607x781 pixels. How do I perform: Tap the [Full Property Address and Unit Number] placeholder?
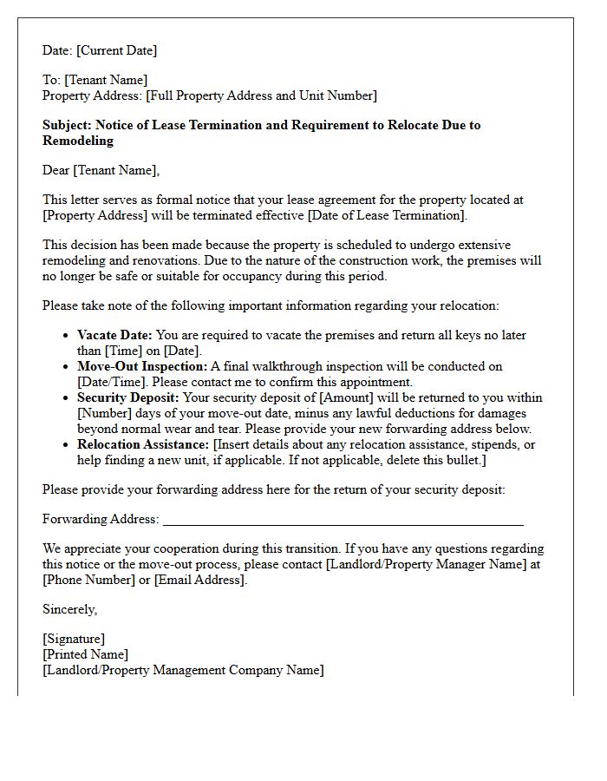click(261, 95)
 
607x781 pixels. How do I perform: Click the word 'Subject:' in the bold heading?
click(67, 125)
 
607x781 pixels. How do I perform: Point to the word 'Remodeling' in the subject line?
click(78, 141)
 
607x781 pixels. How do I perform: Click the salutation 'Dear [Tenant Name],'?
click(101, 170)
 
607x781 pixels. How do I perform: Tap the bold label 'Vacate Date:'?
click(114, 335)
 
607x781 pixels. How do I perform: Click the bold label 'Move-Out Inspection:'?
click(142, 366)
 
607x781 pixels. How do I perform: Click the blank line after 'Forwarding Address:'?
click(343, 521)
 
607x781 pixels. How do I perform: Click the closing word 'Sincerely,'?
click(69, 609)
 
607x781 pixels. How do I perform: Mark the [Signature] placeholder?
click(74, 639)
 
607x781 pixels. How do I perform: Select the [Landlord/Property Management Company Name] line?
click(183, 670)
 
